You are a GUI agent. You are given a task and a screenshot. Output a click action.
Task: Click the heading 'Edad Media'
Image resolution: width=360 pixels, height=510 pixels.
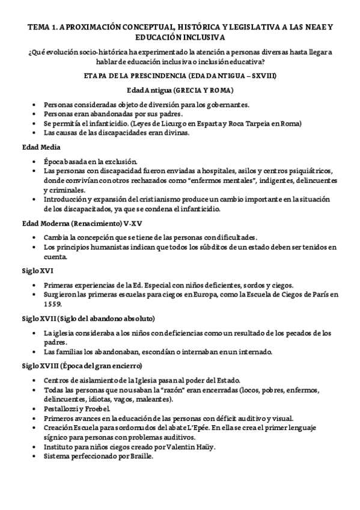[x=38, y=147]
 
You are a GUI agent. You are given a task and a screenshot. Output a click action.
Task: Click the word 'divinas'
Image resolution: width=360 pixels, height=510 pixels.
[x=175, y=133]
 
